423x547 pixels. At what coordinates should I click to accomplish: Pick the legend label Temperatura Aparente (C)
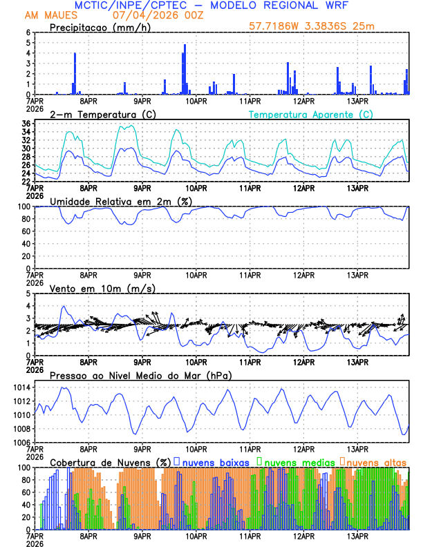[310, 114]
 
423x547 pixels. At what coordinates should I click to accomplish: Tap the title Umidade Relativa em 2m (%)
[121, 201]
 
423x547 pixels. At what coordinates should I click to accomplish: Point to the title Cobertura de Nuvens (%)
[110, 462]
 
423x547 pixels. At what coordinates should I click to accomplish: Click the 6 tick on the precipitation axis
[28, 32]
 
